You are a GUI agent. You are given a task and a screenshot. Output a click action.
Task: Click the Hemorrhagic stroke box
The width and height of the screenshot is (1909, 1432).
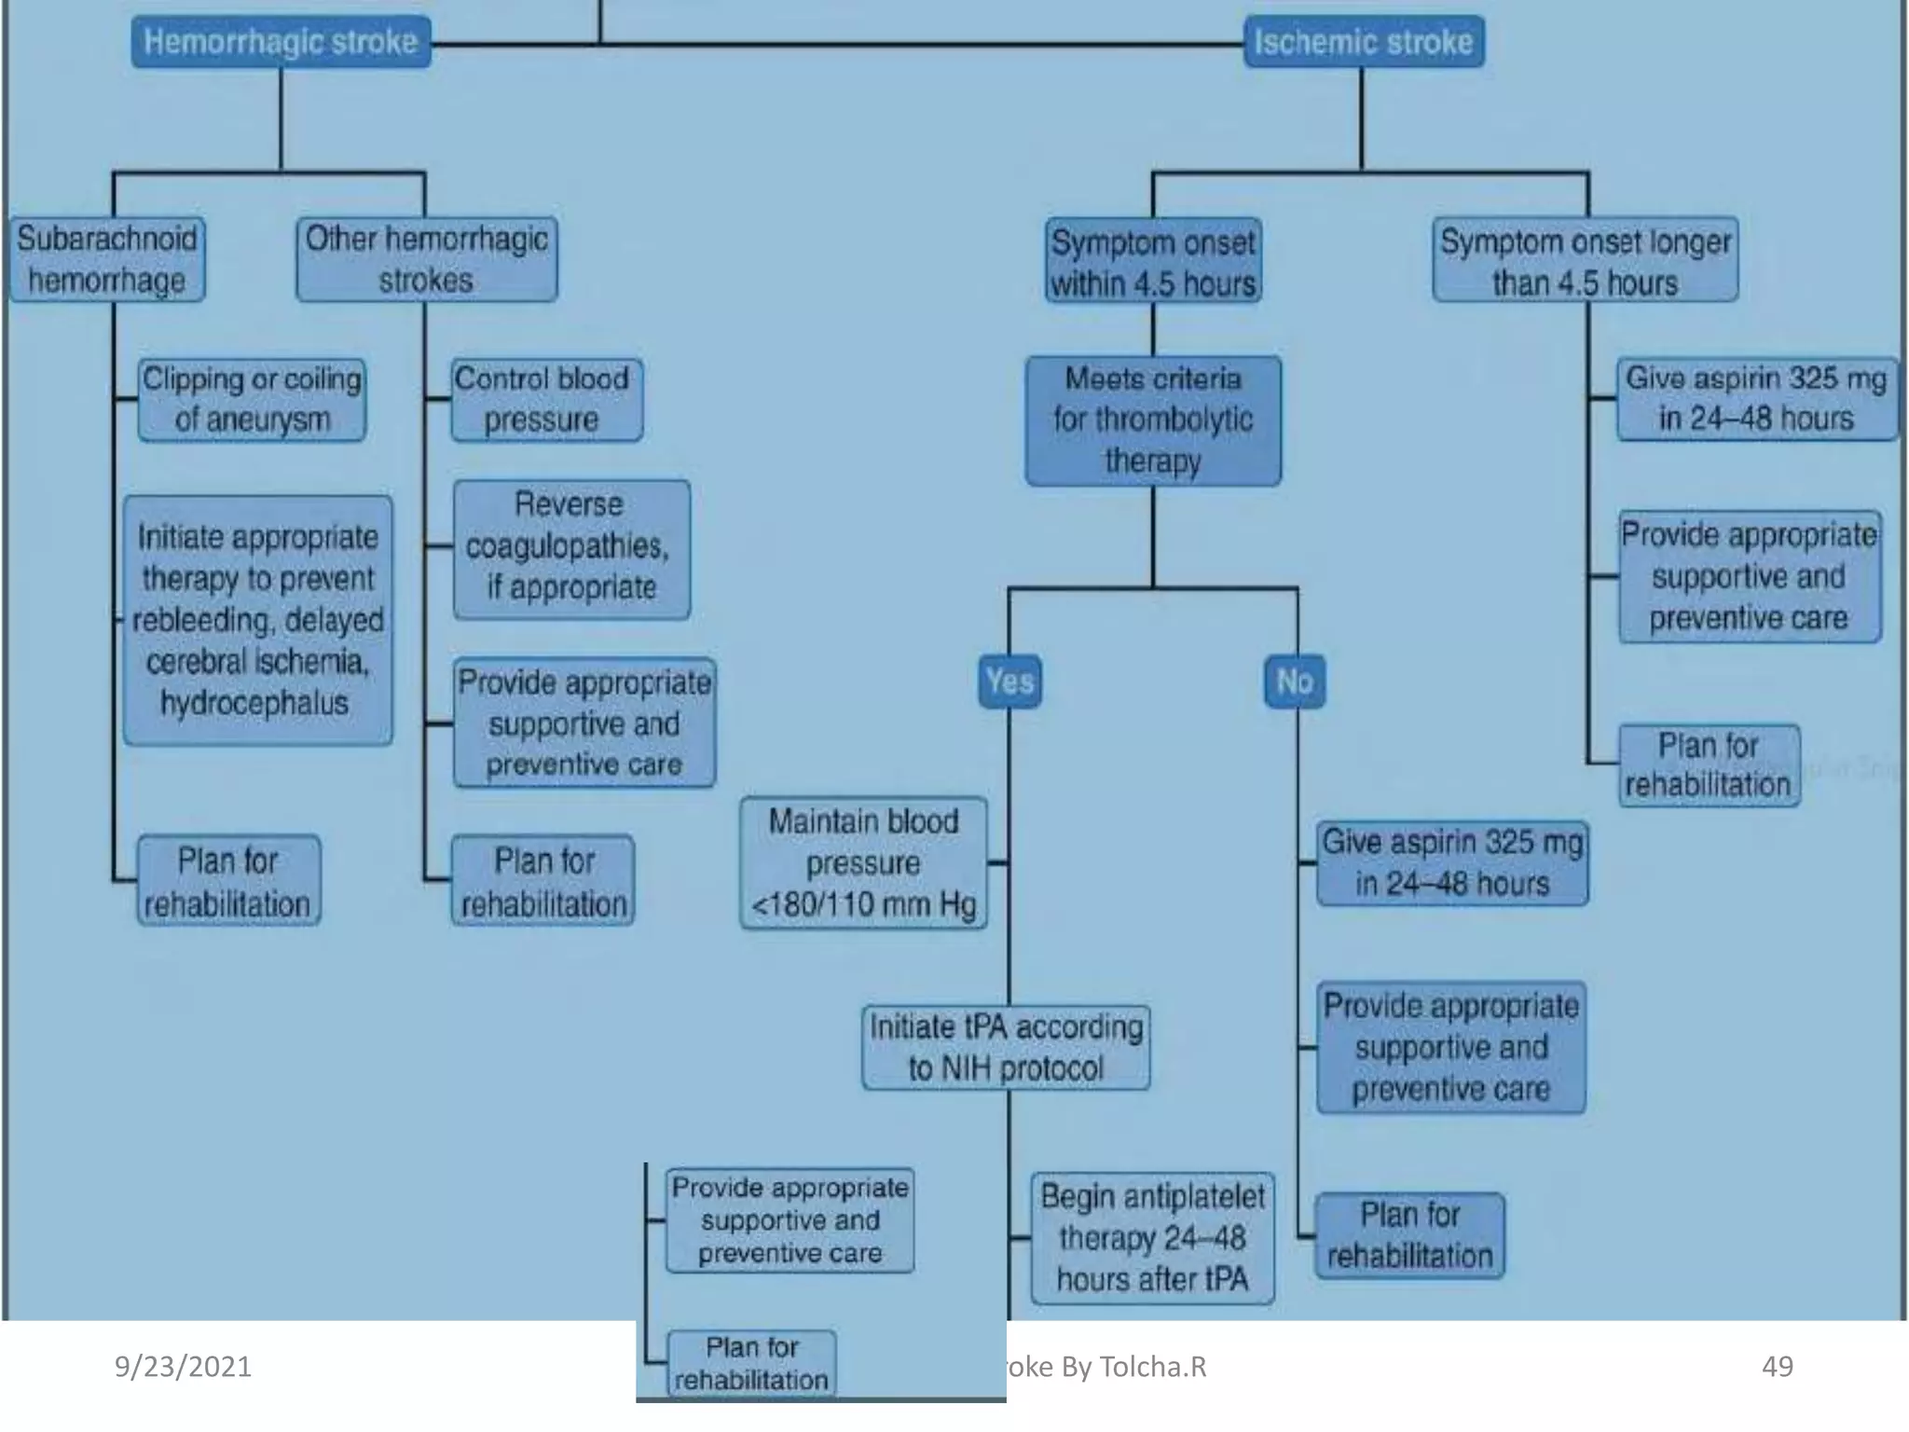pos(281,42)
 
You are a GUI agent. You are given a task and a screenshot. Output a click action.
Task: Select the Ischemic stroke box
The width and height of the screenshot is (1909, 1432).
pos(1364,42)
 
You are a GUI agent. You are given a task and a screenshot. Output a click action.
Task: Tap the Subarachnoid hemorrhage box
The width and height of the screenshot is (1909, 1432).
pos(107,259)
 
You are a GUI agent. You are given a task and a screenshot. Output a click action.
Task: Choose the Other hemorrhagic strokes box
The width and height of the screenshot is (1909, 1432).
pos(426,259)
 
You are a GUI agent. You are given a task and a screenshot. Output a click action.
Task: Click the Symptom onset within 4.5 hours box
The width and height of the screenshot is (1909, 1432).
pos(1153,261)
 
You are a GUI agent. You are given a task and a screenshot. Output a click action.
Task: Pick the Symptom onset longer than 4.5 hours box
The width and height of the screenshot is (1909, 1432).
pos(1585,261)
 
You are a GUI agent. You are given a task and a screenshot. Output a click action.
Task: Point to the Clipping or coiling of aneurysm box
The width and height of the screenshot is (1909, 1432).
pos(252,399)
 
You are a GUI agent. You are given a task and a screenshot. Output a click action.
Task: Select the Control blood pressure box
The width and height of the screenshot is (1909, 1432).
pos(546,399)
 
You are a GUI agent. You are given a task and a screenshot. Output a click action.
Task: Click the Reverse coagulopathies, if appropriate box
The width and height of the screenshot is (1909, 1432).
pos(571,548)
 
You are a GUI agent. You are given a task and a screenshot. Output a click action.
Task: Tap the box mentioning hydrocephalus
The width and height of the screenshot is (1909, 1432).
pos(257,620)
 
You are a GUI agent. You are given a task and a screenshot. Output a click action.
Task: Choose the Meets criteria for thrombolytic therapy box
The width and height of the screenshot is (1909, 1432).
pos(1153,420)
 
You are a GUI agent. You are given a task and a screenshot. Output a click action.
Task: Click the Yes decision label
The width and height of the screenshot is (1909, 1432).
pos(1009,681)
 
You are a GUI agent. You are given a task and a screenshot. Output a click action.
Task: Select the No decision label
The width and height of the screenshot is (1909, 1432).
pos(1294,681)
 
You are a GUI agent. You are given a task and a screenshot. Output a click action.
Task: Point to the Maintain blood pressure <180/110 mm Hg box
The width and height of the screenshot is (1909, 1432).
pos(863,862)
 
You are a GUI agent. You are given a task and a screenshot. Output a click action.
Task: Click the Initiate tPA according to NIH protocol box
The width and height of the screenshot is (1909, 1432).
pos(1006,1047)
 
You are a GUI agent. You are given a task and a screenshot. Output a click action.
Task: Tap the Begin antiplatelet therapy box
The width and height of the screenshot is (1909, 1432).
pos(1152,1238)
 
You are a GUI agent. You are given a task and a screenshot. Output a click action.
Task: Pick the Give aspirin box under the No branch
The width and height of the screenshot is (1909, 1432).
pos(1451,862)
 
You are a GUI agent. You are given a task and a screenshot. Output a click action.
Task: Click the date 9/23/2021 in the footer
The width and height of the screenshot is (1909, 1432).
pos(183,1367)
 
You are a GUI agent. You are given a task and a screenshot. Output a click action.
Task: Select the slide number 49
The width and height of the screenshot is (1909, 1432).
pos(1777,1367)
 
